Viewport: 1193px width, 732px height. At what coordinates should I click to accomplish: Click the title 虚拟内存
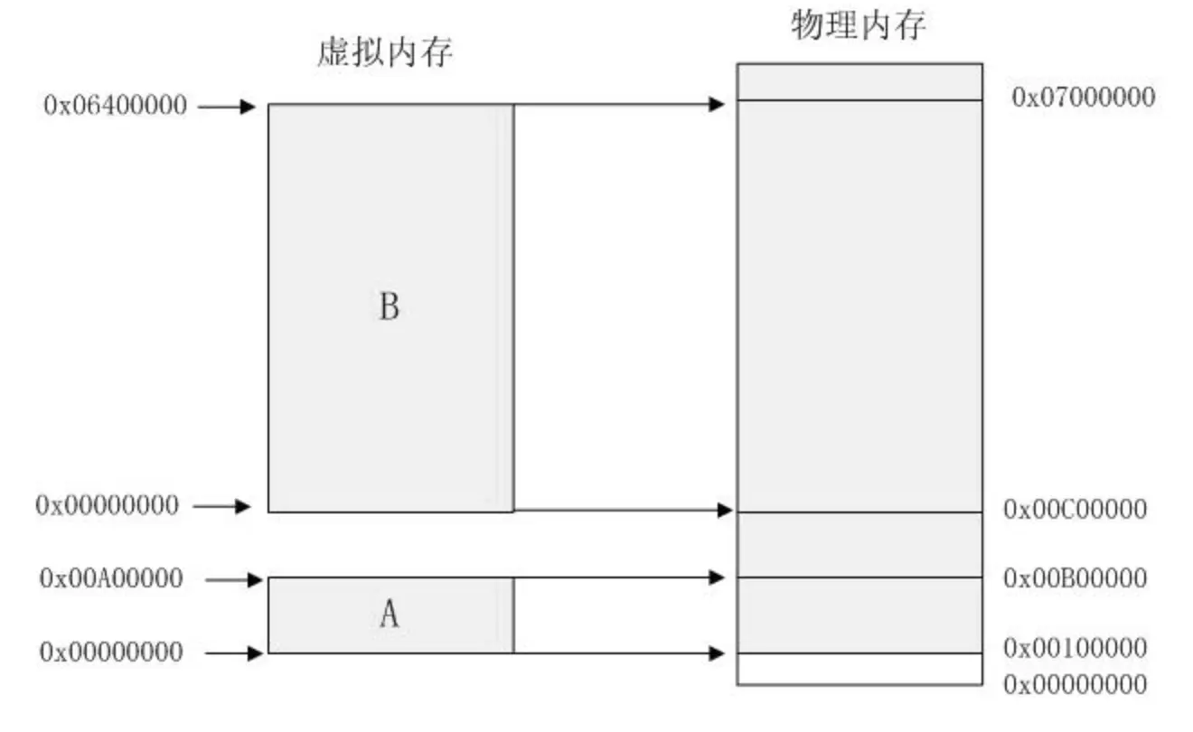pos(385,53)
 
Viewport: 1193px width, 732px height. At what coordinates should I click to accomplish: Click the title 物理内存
pos(860,26)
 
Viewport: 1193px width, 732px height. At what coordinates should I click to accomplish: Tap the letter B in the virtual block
pos(389,308)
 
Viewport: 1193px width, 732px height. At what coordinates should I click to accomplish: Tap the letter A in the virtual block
pos(389,615)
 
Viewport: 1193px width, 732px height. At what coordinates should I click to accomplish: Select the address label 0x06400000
pos(115,107)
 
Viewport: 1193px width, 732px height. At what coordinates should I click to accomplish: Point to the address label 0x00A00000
pos(111,578)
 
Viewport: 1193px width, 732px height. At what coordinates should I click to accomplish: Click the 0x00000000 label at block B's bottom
pos(108,505)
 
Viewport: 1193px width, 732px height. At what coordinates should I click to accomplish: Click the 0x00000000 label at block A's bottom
pos(111,652)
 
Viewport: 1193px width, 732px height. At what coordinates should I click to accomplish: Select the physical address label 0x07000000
pos(1084,98)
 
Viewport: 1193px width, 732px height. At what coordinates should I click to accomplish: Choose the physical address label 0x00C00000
pos(1076,510)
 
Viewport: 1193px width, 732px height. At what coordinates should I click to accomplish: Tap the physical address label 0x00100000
pos(1076,648)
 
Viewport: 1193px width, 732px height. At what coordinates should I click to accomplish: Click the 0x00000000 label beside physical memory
pos(1076,683)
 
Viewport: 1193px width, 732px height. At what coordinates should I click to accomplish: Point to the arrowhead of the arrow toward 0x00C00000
pos(724,511)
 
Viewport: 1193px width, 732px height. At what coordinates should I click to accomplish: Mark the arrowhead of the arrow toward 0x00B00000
pos(719,577)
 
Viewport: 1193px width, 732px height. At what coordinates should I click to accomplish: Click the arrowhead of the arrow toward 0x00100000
pos(719,652)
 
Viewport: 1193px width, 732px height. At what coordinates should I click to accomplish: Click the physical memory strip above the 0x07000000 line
pos(860,81)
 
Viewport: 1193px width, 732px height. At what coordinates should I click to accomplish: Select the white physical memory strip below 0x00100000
pos(860,669)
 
